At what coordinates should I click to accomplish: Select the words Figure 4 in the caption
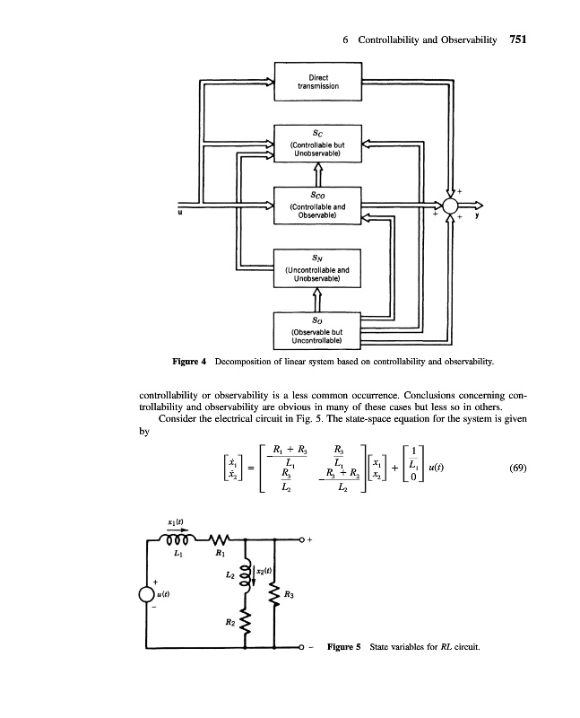pyautogui.click(x=190, y=361)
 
